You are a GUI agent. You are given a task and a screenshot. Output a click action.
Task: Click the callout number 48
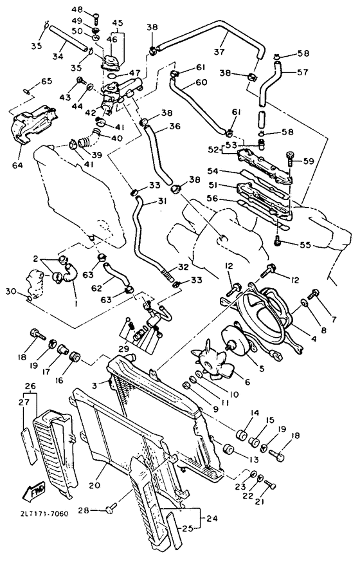[76, 10]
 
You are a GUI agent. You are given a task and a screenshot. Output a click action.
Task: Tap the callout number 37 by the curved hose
[220, 52]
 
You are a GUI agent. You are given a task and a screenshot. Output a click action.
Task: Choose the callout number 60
[183, 82]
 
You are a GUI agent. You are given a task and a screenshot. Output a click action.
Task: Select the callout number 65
[46, 81]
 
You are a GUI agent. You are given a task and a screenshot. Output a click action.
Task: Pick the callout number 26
[30, 386]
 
